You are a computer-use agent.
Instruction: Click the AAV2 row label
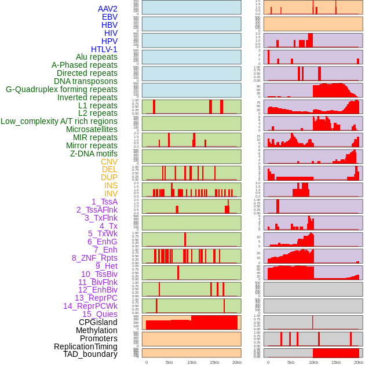[107, 9]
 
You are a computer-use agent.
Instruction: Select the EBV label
[109, 17]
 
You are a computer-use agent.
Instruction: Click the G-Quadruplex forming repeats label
[61, 89]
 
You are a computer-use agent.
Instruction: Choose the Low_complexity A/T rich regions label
[59, 121]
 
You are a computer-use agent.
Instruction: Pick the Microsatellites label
[92, 129]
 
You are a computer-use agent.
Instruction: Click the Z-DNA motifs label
[93, 154]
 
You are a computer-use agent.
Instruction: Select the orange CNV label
[109, 162]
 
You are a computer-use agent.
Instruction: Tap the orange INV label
[111, 194]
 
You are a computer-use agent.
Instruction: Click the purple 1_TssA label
[104, 202]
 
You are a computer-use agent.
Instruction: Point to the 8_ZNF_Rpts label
[94, 258]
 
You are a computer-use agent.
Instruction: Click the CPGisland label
[98, 322]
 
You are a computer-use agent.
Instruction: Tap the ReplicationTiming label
[86, 346]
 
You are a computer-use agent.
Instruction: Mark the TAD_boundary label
[90, 354]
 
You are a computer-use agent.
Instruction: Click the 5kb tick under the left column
[169, 362]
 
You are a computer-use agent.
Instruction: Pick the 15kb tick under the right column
[336, 362]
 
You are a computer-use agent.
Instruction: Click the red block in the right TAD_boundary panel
[335, 353]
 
